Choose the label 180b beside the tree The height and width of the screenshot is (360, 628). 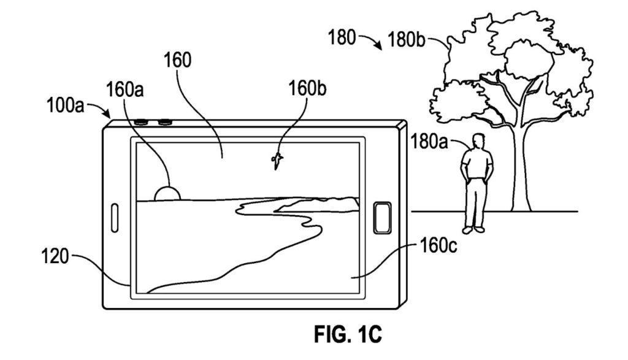tap(408, 41)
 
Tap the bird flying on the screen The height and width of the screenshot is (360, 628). tap(277, 161)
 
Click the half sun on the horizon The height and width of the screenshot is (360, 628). tap(167, 193)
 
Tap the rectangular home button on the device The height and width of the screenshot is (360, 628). tap(383, 216)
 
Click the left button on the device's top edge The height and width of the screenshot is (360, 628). tap(143, 122)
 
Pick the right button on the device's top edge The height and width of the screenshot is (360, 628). tap(164, 122)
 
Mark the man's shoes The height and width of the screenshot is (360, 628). tap(474, 230)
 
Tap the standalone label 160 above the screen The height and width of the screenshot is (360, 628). tap(178, 60)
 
